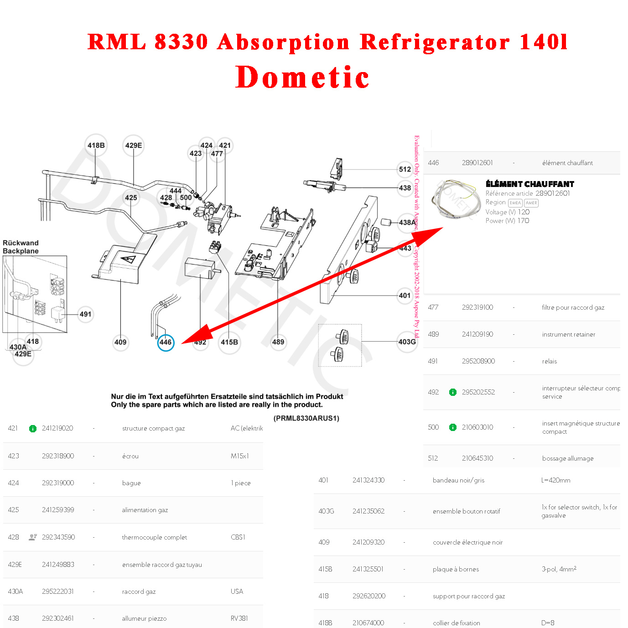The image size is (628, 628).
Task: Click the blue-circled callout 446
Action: click(x=166, y=342)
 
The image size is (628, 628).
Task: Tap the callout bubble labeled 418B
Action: click(x=96, y=145)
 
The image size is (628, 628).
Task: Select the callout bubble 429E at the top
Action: click(x=134, y=145)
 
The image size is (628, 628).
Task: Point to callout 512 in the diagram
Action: click(x=405, y=169)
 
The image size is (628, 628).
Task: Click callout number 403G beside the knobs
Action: click(x=407, y=342)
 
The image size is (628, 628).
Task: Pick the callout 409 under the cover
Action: click(x=120, y=342)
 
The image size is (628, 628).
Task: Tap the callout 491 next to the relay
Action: click(x=85, y=314)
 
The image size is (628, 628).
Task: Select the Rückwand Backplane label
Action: click(x=21, y=247)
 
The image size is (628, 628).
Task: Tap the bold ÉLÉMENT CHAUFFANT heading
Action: click(x=529, y=184)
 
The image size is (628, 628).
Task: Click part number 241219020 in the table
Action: click(x=57, y=428)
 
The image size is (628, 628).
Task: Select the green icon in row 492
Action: click(x=453, y=392)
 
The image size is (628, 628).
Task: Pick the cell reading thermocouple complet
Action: click(x=154, y=537)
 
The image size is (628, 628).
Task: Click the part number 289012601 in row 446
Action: click(x=477, y=163)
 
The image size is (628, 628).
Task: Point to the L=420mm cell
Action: click(x=555, y=480)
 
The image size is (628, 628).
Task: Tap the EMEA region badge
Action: click(x=515, y=203)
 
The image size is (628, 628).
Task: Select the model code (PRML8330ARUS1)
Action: click(x=306, y=418)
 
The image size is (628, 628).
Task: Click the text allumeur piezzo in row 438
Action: click(x=144, y=618)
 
